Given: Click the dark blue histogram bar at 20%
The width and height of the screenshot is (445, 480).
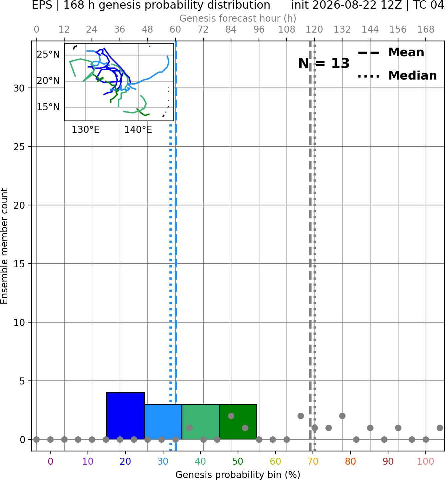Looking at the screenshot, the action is pos(125,416).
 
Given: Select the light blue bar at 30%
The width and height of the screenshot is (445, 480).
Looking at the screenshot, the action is pos(163,422).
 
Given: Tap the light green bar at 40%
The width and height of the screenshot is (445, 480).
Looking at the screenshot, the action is pos(201,422).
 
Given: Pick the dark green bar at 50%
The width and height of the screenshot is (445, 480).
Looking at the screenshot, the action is pos(238,422).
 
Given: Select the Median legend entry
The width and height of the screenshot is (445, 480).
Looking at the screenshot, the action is pos(397,76).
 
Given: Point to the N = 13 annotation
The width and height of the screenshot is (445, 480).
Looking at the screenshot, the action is pos(324,63).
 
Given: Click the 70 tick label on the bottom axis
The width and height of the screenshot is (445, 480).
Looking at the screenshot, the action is pos(313,462).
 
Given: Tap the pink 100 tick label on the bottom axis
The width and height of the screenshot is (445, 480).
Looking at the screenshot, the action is pos(426,462).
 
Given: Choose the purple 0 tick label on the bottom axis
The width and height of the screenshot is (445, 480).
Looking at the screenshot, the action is pos(50,462).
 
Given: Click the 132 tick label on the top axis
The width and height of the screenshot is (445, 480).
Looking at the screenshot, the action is pos(342,30).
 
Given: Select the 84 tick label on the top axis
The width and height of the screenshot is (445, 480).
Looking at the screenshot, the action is pos(231,30).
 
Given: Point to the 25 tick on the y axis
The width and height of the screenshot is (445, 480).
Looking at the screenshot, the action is pos(19,147).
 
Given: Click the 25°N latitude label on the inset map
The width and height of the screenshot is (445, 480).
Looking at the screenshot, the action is pos(48,55).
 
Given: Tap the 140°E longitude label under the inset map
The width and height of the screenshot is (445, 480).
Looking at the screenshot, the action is pos(138,130).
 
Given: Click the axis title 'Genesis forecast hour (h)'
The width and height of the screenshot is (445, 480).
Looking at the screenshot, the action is pos(238,18).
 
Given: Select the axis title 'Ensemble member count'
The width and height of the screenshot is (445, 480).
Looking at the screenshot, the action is pos(4,246).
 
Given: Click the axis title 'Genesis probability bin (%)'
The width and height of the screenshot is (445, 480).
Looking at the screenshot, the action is pos(238,475).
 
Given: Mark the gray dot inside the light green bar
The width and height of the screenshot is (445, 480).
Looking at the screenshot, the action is pos(189,428).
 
